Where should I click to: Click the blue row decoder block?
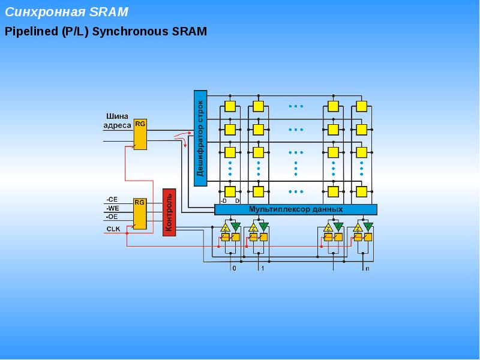200,138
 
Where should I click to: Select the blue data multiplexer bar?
296,209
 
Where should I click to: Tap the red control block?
169,212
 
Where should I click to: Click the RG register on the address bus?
140,134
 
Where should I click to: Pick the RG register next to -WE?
140,214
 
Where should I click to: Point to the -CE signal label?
112,200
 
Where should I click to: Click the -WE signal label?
113,208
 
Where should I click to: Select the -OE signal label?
112,217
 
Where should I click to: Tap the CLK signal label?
113,229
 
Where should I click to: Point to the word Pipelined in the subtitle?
31,32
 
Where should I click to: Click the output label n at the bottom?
367,268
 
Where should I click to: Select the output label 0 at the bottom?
235,268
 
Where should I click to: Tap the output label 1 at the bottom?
263,268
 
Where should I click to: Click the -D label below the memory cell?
223,201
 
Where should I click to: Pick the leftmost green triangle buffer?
235,227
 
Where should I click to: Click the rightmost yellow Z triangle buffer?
358,228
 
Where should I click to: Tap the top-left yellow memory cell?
230,106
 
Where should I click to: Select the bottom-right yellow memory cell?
362,192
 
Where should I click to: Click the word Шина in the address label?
117,116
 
